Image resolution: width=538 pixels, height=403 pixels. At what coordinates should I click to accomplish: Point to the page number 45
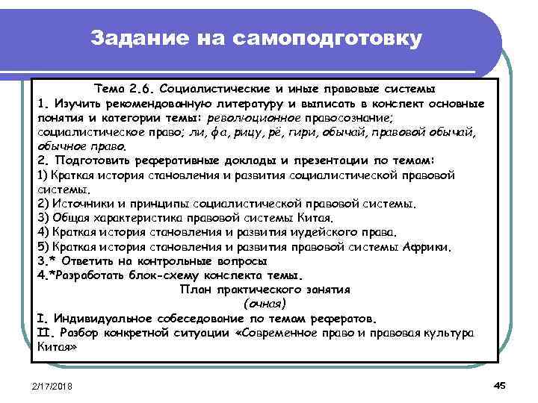tap(500, 384)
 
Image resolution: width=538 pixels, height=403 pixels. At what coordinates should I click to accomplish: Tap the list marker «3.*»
tap(46, 261)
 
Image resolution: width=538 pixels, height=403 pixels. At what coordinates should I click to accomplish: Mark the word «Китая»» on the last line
tap(56, 347)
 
